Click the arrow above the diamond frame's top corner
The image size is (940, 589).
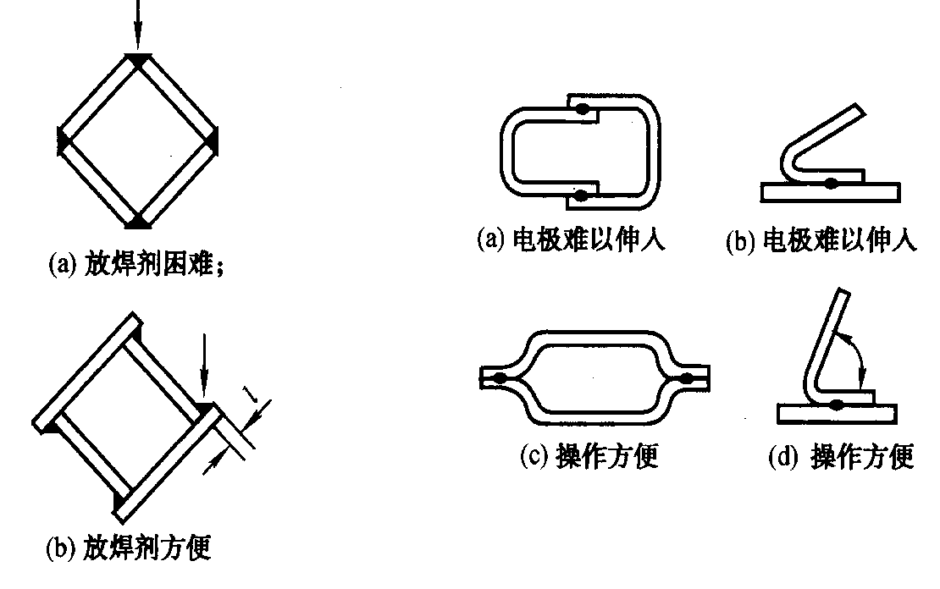(138, 24)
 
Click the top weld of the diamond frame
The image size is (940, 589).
(139, 59)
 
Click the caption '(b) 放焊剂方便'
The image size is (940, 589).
(129, 548)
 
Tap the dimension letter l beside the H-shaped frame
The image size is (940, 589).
(251, 394)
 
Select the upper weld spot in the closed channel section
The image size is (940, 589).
(582, 109)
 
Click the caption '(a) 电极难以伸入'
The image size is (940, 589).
(572, 240)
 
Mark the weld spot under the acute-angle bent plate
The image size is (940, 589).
(831, 183)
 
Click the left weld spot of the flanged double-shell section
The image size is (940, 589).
(499, 377)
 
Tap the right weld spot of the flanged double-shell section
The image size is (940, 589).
(687, 377)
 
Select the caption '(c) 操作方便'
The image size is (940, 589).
(589, 456)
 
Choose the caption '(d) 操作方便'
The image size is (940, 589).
(841, 457)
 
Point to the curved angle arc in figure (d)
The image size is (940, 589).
(854, 350)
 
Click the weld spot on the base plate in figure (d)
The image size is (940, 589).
(837, 405)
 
